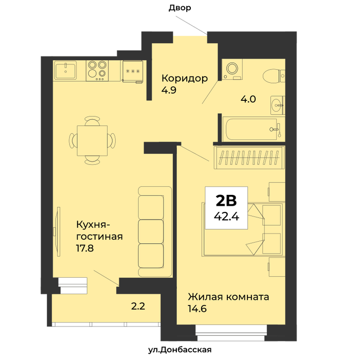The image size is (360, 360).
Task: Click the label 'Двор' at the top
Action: tap(180, 8)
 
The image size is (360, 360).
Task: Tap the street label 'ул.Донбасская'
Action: tap(180, 350)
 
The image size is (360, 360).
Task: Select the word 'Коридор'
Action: tap(185, 78)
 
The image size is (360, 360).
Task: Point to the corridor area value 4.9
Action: tap(169, 90)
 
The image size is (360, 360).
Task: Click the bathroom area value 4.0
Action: tap(248, 99)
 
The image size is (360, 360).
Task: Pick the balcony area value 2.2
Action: tap(138, 307)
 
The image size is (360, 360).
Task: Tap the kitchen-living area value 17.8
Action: tap(85, 248)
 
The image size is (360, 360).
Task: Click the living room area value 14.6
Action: tap(197, 309)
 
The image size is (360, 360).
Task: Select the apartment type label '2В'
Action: tap(226, 201)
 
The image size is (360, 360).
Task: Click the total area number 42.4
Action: tap(226, 216)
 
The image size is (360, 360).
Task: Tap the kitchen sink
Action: tap(65, 70)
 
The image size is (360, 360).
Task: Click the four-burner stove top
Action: tap(97, 71)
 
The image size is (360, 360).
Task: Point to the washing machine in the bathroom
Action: tap(232, 69)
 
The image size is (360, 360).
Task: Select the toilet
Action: tap(274, 76)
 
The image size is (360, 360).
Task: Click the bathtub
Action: tap(253, 129)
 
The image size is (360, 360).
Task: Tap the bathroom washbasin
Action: tap(278, 105)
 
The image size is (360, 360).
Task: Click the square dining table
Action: tap(92, 140)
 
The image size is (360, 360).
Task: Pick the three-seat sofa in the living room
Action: tap(155, 231)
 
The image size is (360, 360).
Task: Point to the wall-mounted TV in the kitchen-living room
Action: tap(58, 231)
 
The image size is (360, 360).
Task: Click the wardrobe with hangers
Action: tap(249, 157)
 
